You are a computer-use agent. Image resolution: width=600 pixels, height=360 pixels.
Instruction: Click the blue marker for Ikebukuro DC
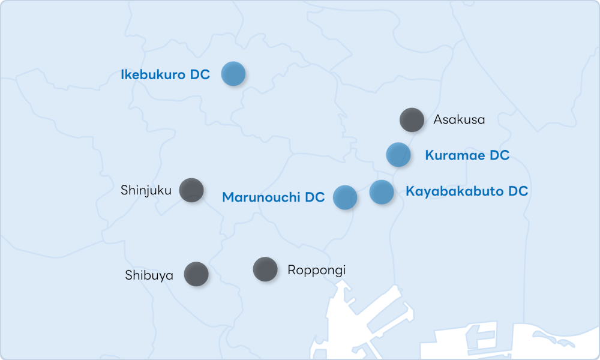pyautogui.click(x=233, y=74)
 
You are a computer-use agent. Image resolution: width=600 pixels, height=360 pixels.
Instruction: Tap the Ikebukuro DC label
pyautogui.click(x=165, y=75)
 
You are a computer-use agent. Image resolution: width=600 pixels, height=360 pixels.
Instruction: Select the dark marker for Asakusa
pyautogui.click(x=412, y=119)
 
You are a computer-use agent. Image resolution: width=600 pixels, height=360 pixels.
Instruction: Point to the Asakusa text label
pyautogui.click(x=459, y=120)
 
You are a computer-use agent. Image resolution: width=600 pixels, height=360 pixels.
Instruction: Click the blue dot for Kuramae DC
pyautogui.click(x=398, y=154)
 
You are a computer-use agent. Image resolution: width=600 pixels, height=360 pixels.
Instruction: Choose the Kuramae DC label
pyautogui.click(x=467, y=155)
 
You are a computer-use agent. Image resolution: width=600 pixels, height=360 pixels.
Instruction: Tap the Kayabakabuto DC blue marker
pyautogui.click(x=382, y=192)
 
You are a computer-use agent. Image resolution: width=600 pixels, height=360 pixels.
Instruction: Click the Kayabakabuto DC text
pyautogui.click(x=467, y=191)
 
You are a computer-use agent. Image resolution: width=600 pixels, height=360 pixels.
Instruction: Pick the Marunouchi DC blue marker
pyautogui.click(x=345, y=197)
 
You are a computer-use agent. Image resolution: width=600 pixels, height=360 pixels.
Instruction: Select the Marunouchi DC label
pyautogui.click(x=273, y=197)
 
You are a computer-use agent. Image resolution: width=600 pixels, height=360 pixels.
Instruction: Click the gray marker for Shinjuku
pyautogui.click(x=191, y=190)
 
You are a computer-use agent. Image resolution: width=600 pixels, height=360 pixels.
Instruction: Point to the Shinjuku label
pyautogui.click(x=146, y=191)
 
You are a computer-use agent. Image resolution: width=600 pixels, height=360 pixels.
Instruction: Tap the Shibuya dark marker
pyautogui.click(x=196, y=274)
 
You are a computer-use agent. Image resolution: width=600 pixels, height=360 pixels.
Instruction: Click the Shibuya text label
pyautogui.click(x=149, y=275)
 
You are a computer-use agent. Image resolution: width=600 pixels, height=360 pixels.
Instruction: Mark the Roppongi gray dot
pyautogui.click(x=265, y=269)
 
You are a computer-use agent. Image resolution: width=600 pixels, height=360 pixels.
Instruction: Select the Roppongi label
pyautogui.click(x=316, y=270)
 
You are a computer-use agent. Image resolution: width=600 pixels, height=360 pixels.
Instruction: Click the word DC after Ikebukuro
pyautogui.click(x=200, y=75)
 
